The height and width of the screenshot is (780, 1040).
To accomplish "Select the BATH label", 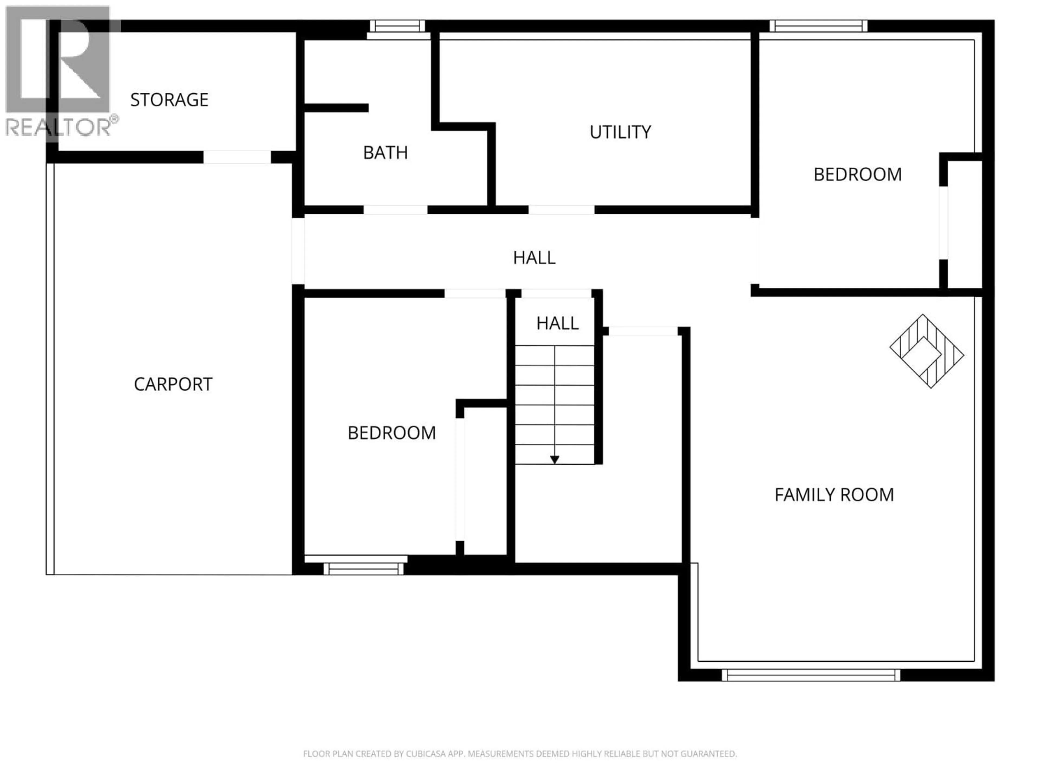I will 385,153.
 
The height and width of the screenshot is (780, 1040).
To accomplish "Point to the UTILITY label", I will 620,132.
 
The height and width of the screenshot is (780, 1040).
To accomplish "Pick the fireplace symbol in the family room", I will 926,351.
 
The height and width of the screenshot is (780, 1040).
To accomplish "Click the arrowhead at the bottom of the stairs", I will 555,459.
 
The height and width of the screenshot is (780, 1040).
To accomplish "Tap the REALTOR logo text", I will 59,127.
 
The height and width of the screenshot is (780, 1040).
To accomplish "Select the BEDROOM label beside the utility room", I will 857,174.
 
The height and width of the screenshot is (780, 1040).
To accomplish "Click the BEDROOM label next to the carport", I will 392,433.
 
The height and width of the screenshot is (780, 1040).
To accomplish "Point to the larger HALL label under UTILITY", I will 534,258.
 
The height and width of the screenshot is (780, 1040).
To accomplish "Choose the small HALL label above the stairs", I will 557,323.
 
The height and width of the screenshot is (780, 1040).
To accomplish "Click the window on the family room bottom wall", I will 811,675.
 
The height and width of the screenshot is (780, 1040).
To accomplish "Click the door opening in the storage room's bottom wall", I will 237,157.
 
